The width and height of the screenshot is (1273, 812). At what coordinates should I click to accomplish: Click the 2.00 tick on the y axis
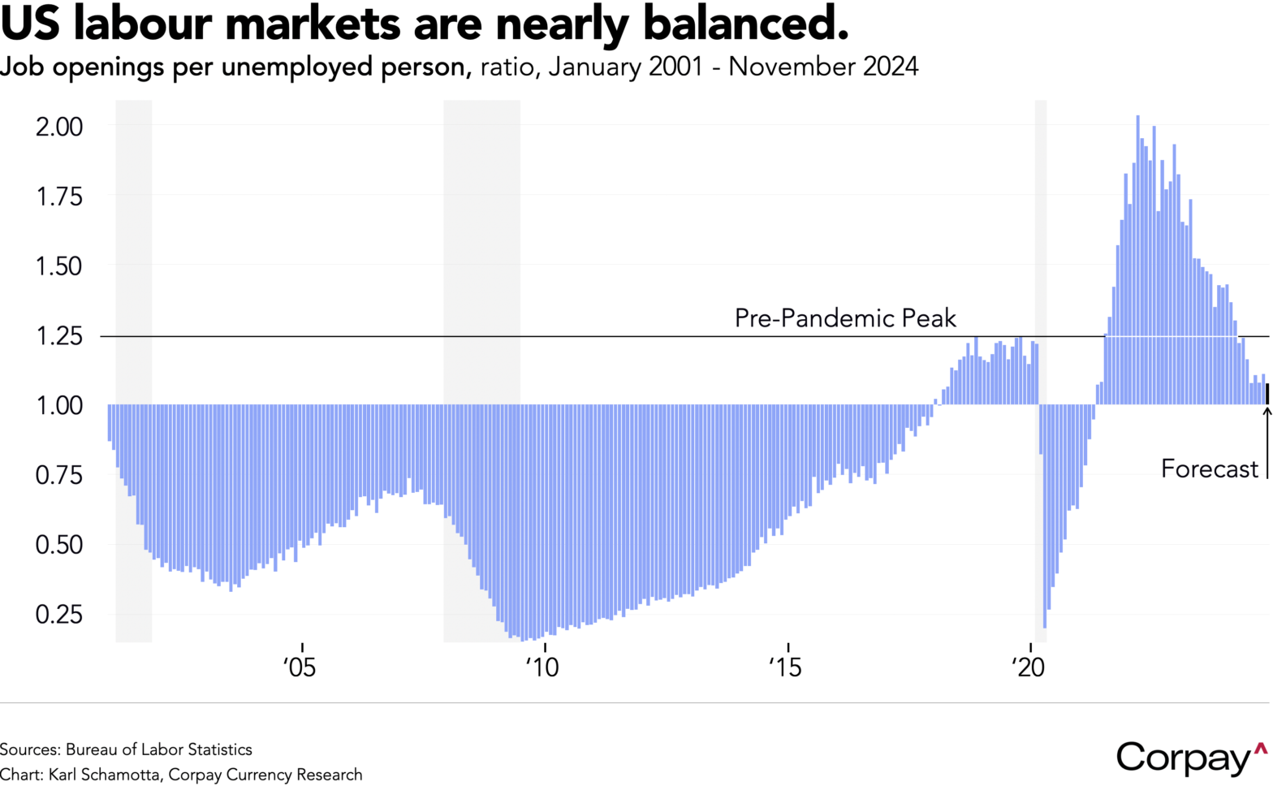(59, 127)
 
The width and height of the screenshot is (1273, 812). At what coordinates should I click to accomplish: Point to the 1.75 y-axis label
(59, 197)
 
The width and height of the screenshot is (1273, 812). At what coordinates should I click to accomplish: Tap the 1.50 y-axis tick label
(59, 266)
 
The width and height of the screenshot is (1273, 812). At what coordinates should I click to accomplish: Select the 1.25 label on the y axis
(59, 335)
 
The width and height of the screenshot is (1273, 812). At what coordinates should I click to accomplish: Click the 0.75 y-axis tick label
(59, 474)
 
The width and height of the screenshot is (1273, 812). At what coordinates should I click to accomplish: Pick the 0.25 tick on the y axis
(59, 614)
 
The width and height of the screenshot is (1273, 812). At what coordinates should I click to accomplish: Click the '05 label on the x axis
(300, 667)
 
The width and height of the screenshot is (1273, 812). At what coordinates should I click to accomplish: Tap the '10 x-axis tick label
(542, 667)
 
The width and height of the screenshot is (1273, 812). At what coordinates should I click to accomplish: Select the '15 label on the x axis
(785, 667)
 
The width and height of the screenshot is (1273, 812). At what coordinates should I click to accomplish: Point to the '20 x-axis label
(1028, 667)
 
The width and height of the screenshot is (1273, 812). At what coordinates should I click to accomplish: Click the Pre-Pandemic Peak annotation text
(845, 317)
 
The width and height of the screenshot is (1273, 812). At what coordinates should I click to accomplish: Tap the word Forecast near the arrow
(1209, 469)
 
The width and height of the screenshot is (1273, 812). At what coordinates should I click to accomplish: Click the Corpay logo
(1190, 757)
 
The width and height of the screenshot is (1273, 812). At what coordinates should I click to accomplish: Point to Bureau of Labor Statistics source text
(159, 749)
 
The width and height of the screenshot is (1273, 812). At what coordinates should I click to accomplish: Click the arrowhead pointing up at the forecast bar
(1267, 411)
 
